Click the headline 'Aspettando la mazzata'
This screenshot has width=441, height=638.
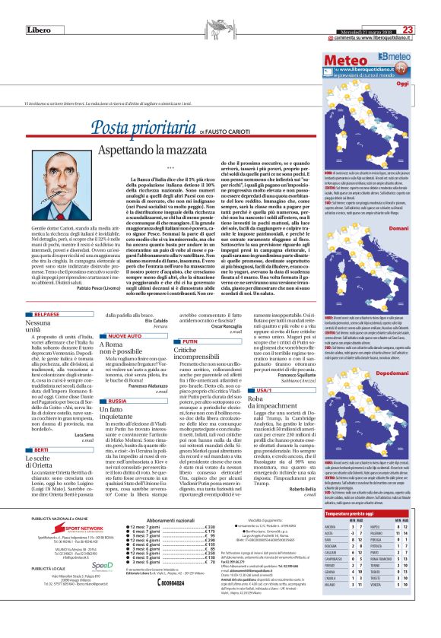tap(191, 154)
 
